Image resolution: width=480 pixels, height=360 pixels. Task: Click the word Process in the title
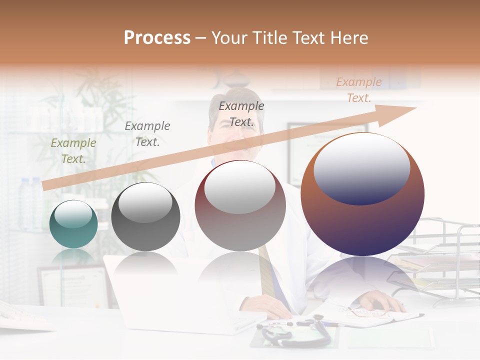pos(157,38)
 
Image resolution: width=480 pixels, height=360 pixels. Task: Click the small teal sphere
pos(73,224)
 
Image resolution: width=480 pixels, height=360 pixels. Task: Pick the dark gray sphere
pos(145,217)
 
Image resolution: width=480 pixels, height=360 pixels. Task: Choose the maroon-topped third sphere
pos(240,206)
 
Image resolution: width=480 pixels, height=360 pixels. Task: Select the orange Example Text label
pos(358,90)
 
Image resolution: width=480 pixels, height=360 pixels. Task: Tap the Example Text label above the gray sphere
pos(147,134)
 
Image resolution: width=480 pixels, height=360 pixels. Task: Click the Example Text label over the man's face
pos(241,113)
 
